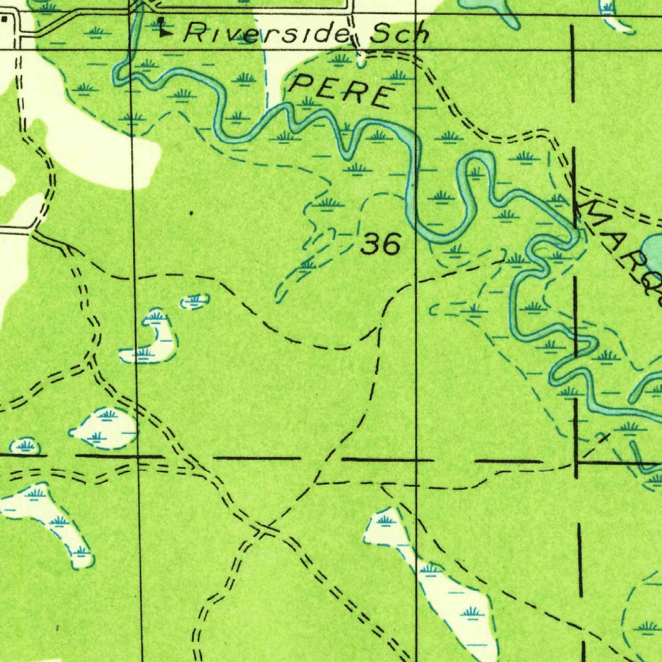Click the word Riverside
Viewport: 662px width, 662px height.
[x=266, y=33]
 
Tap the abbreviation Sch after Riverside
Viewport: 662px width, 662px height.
[x=398, y=34]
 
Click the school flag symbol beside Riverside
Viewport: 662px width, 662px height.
[x=163, y=27]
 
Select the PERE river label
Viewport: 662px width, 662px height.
[x=342, y=91]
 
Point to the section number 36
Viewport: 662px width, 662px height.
[x=381, y=244]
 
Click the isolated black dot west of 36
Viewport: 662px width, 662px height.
[x=191, y=212]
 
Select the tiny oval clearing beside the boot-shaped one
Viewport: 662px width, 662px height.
[x=195, y=301]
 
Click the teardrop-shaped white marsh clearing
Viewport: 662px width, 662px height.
[x=106, y=427]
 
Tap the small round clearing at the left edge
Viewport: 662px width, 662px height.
[x=25, y=445]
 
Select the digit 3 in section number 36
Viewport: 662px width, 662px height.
[x=370, y=244]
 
